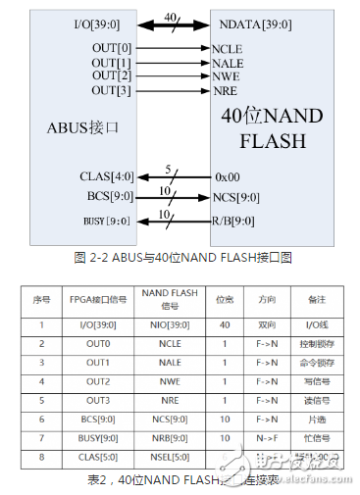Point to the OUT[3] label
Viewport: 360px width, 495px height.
(111, 89)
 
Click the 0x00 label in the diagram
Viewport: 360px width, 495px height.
(228, 177)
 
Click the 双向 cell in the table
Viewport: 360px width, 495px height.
(268, 323)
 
